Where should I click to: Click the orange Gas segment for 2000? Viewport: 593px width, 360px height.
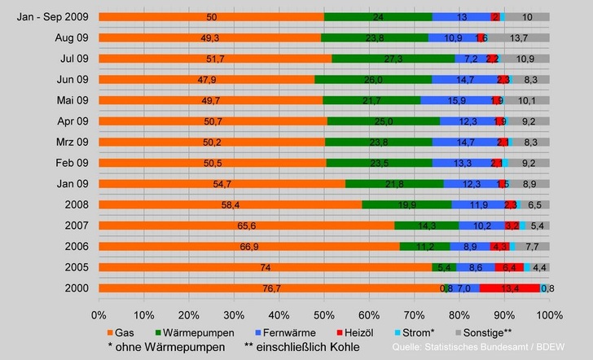tap(269, 288)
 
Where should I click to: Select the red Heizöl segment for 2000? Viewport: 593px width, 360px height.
tap(508, 288)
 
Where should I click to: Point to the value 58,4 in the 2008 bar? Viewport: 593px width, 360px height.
tap(231, 204)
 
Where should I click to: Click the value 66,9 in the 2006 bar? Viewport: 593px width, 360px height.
tap(249, 246)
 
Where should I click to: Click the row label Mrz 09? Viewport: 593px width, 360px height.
tap(69, 142)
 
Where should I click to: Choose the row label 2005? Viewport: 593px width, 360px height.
tap(74, 267)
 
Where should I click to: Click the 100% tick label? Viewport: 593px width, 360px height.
tap(549, 314)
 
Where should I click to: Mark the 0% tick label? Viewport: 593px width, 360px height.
tap(99, 314)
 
